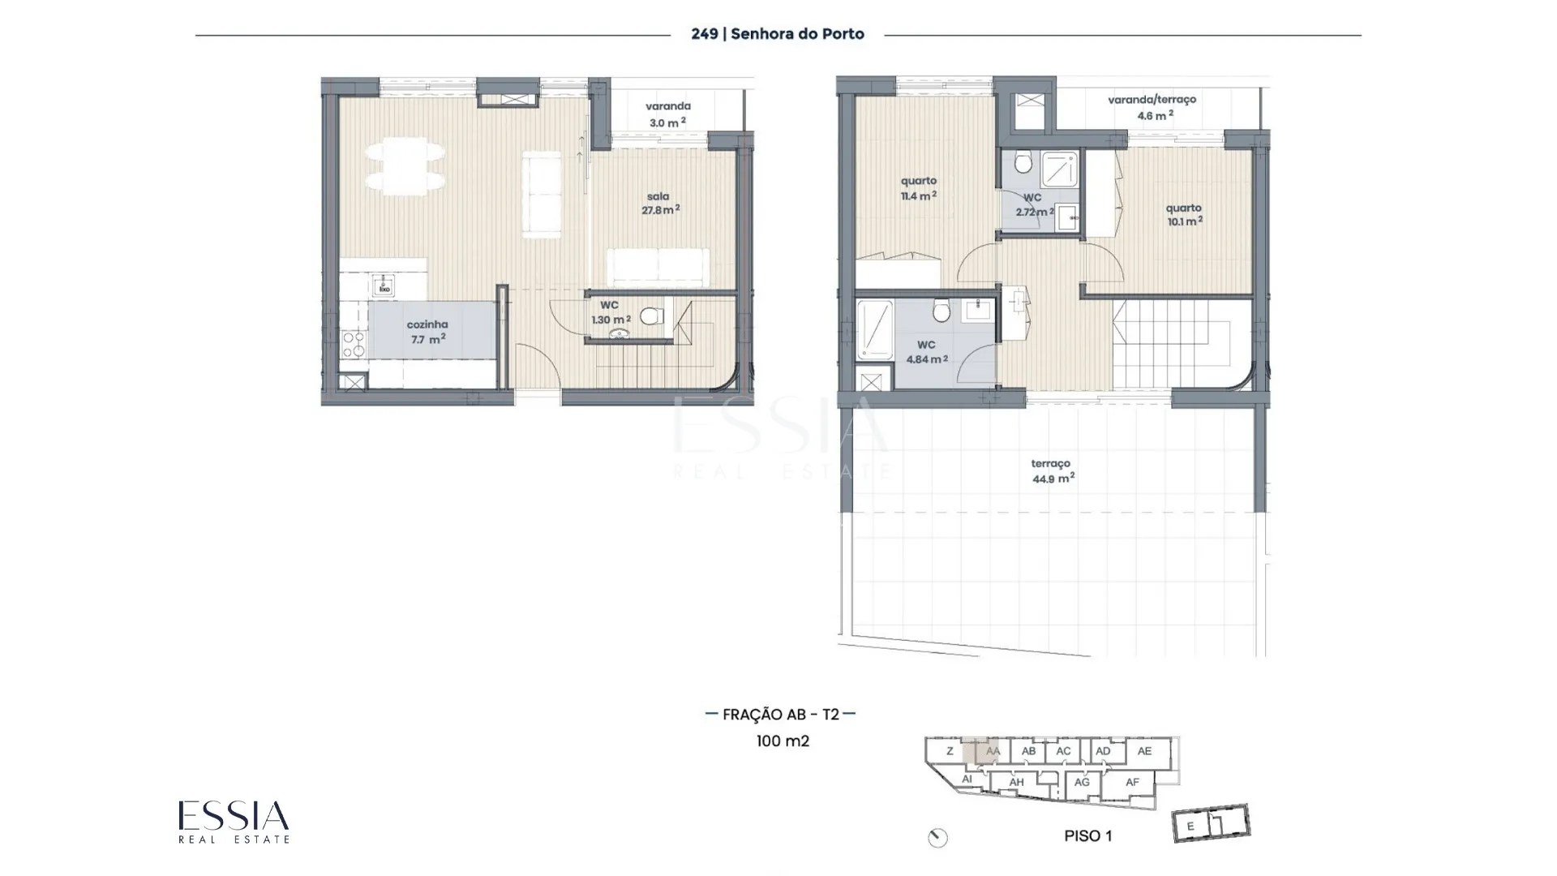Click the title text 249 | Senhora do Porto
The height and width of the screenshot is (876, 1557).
tap(778, 34)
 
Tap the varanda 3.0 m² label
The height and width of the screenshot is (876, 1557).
tap(668, 114)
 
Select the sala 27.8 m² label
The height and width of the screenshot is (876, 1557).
tap(660, 203)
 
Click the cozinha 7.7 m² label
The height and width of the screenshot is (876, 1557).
tap(427, 332)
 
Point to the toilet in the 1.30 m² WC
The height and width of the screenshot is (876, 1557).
tap(651, 316)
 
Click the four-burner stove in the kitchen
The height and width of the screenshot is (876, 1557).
tap(354, 344)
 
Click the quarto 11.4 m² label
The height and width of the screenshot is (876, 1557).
tap(919, 188)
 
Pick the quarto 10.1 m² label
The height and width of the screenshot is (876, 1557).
tap(1184, 214)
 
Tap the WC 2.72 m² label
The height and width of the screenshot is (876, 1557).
tap(1034, 205)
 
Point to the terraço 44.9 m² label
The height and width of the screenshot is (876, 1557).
tap(1053, 471)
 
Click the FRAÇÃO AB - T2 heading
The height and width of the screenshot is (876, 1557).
tap(781, 715)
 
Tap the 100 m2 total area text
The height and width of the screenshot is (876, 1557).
tap(783, 741)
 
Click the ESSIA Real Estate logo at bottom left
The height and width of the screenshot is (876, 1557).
tap(234, 822)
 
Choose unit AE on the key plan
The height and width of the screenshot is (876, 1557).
tap(1144, 751)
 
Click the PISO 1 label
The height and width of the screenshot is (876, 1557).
tap(1088, 836)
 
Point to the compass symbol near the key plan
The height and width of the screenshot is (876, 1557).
tap(938, 838)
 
